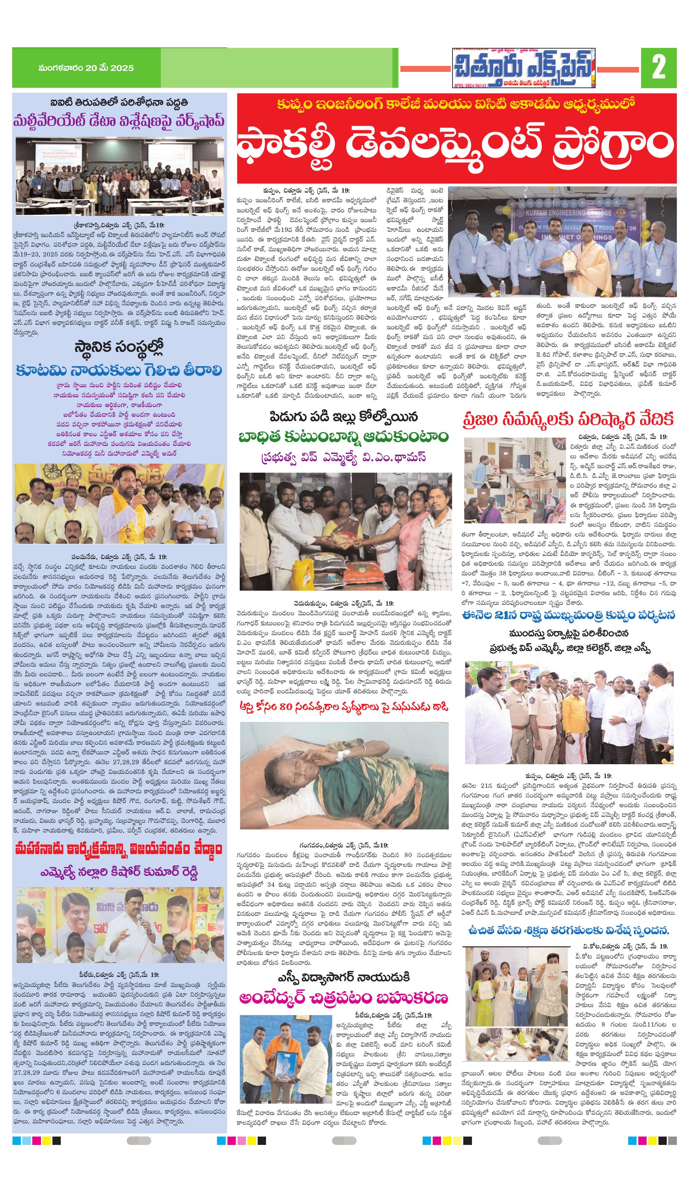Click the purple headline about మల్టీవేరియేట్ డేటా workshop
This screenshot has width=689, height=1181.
[119, 120]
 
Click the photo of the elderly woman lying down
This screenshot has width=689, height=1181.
[344, 775]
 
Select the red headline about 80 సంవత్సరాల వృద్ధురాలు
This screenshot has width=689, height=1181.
[344, 706]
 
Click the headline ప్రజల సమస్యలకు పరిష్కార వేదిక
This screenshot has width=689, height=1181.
[568, 418]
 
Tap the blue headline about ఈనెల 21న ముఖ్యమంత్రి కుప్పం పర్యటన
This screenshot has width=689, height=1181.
[568, 615]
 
